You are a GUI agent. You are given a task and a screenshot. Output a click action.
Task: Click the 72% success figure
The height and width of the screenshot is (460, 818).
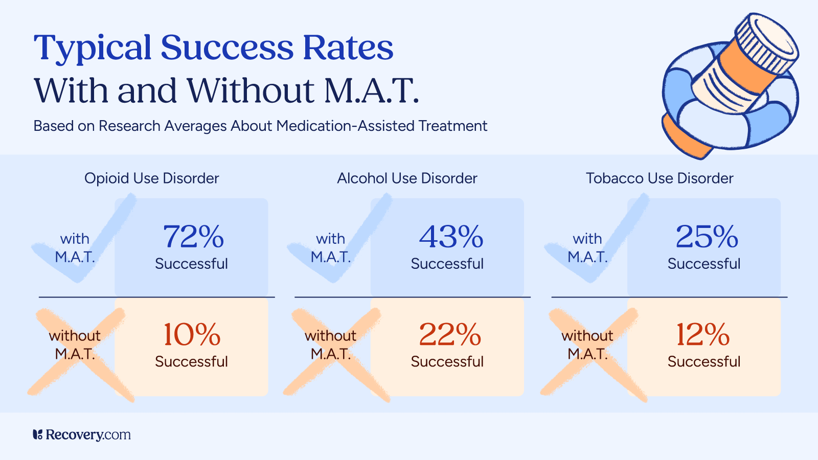click(193, 237)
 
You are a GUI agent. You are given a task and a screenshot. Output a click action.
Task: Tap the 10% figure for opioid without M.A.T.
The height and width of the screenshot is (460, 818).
click(192, 335)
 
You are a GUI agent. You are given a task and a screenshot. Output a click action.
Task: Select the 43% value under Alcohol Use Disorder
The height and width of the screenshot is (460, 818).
click(451, 237)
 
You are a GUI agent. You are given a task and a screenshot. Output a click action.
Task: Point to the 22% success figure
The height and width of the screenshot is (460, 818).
click(450, 335)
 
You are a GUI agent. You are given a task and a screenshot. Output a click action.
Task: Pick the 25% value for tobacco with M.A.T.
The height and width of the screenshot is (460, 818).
click(707, 237)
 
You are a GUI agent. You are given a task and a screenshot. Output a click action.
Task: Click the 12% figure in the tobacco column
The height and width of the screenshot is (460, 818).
click(703, 335)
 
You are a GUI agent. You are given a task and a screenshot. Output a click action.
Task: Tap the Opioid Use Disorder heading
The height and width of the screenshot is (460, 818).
click(151, 178)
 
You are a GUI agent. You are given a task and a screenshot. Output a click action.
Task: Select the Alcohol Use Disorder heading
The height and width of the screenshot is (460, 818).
click(407, 178)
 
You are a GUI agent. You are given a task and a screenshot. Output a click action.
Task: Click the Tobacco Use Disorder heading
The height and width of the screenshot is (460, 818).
click(660, 178)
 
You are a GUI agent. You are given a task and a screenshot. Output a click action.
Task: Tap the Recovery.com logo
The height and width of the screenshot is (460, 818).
click(82, 435)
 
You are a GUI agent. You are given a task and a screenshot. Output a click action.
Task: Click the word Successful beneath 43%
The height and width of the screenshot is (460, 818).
click(447, 264)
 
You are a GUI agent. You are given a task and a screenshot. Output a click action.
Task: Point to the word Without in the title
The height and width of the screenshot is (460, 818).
click(251, 91)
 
